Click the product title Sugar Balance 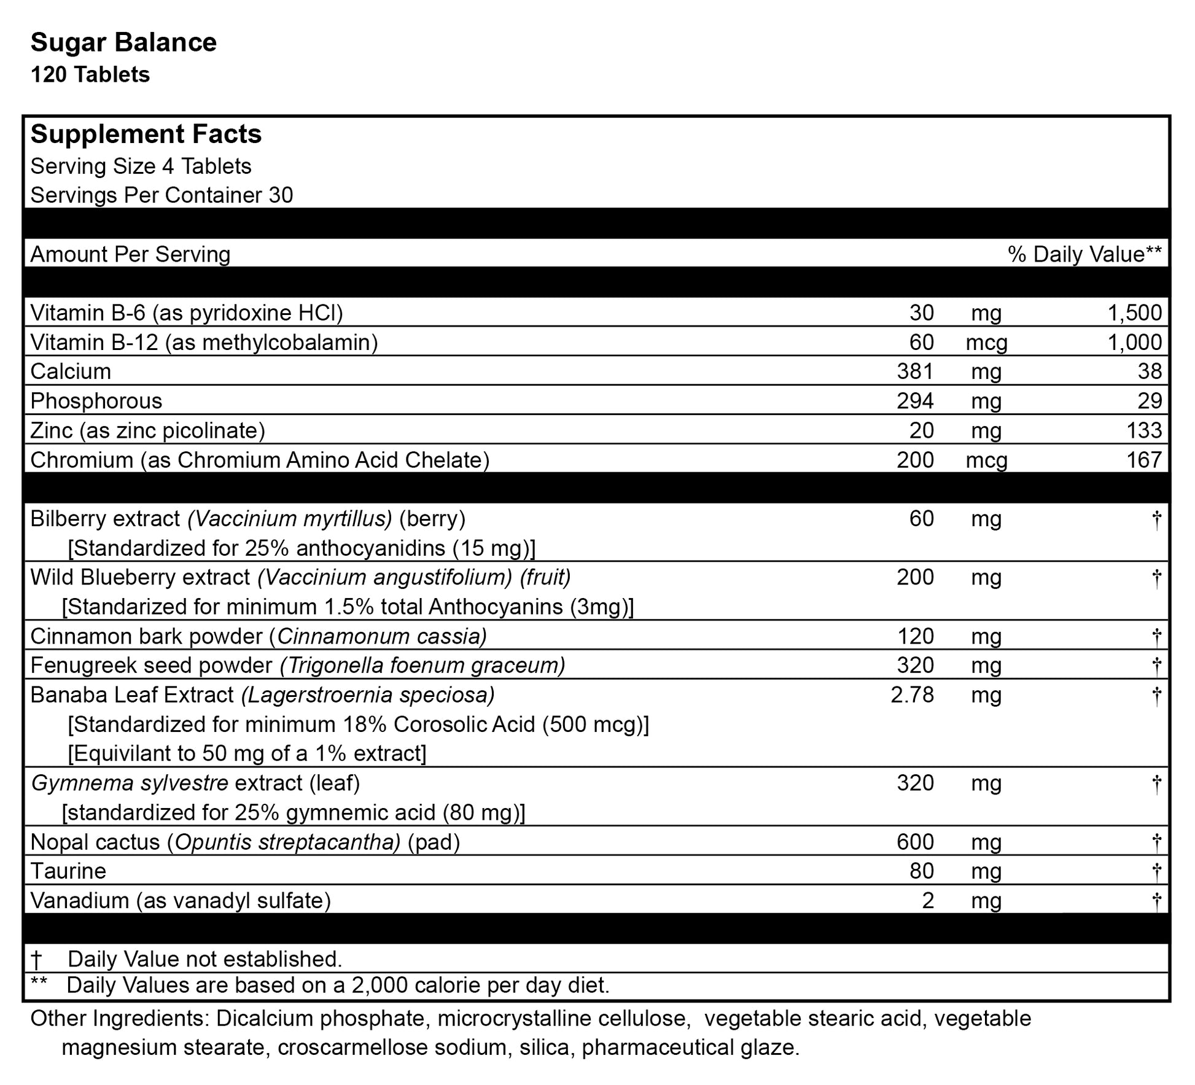click(123, 43)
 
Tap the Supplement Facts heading click(146, 134)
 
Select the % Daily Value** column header click(1084, 254)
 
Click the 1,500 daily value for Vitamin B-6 click(1134, 313)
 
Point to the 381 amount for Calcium click(915, 371)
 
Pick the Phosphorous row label click(96, 401)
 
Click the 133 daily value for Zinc click(1144, 430)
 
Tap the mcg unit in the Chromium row click(986, 460)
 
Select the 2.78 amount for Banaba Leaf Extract click(912, 695)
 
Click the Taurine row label click(68, 871)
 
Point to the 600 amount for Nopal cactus click(915, 842)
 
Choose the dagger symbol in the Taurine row click(1156, 871)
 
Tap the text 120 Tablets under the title click(90, 75)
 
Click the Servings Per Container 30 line click(162, 195)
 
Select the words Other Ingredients click(117, 1019)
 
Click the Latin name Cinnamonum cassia click(381, 636)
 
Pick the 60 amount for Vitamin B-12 click(921, 343)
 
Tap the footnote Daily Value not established click(204, 959)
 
